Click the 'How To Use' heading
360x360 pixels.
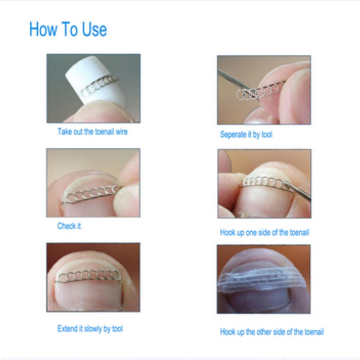coord(68,29)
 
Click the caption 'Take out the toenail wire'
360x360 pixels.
coord(92,132)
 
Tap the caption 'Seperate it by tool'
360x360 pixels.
coord(246,135)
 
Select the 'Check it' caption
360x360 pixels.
coord(69,226)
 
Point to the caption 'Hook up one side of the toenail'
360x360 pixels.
coord(264,233)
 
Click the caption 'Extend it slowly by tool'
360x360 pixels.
coord(90,329)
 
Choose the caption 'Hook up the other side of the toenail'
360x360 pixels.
coord(272,332)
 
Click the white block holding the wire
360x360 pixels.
coord(96,80)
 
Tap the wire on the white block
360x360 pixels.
coord(99,85)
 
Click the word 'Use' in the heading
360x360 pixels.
coord(94,30)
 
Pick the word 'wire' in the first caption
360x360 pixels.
coord(122,132)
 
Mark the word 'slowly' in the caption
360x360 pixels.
coord(93,329)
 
